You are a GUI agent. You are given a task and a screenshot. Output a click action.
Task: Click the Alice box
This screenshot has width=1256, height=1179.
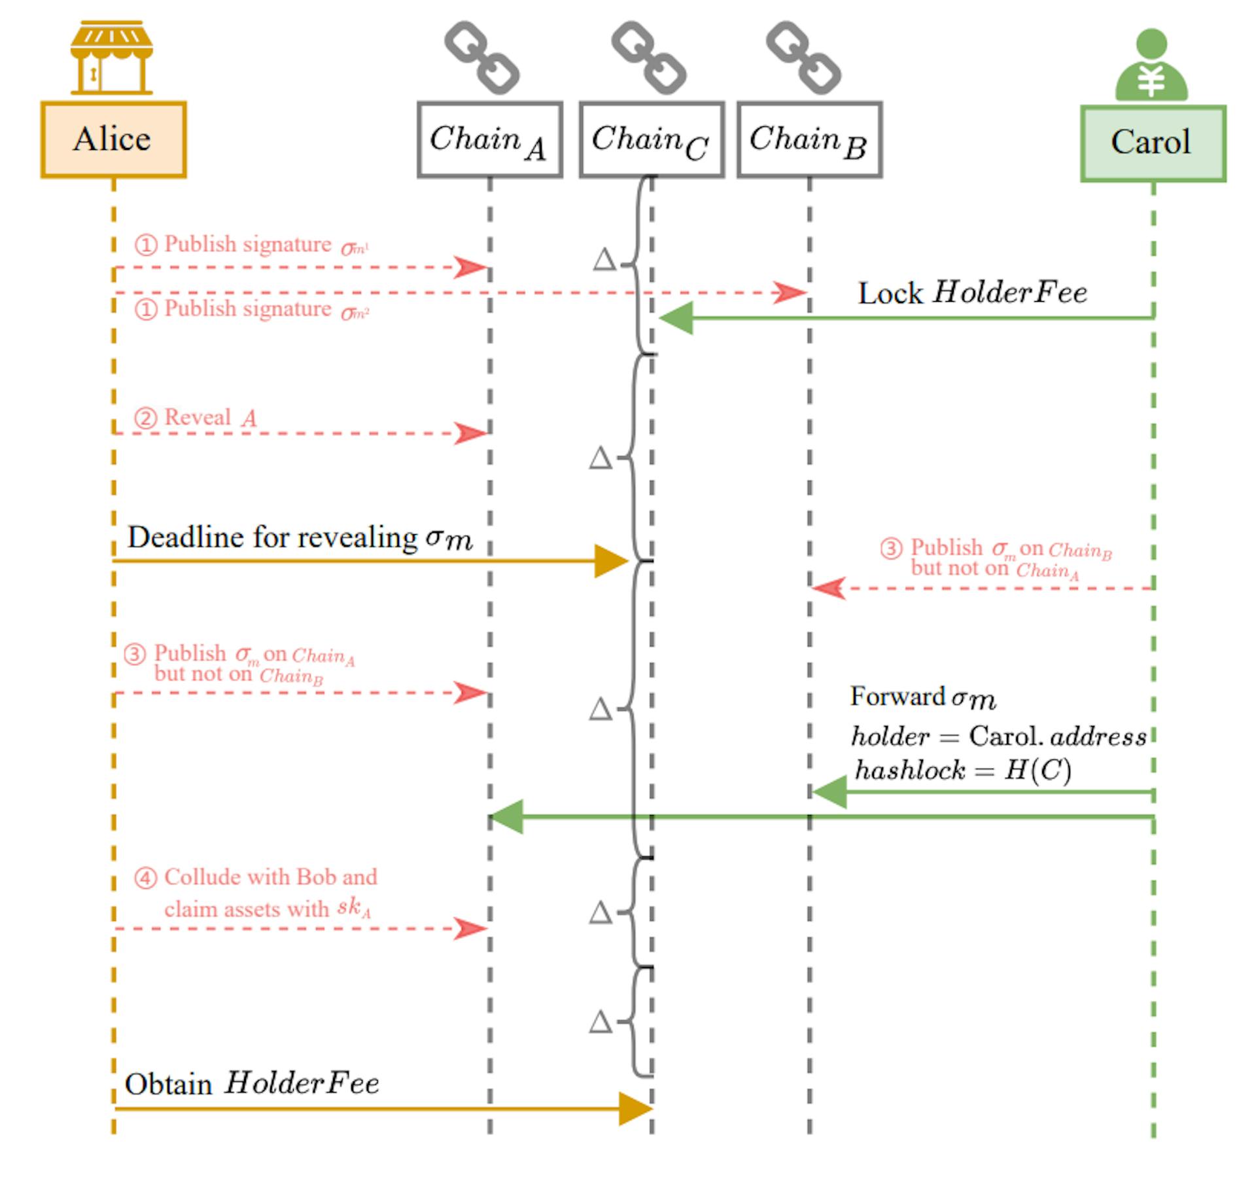coord(113,139)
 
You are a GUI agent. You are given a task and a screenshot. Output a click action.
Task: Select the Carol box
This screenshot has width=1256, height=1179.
coord(1153,143)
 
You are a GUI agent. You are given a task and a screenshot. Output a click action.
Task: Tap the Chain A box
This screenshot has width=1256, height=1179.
coord(489,139)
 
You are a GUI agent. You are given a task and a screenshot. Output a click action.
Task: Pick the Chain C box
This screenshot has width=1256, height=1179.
coord(652,139)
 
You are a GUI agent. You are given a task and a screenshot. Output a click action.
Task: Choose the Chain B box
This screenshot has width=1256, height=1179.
coord(809,139)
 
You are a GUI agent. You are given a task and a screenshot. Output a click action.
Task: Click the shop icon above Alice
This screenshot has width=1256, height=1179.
coord(112,58)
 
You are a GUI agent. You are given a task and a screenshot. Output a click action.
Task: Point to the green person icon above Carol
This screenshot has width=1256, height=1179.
coord(1151,65)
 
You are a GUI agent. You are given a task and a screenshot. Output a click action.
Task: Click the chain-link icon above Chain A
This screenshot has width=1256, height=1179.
coord(482,58)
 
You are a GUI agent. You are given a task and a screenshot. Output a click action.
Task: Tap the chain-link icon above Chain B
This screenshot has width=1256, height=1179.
coord(803,58)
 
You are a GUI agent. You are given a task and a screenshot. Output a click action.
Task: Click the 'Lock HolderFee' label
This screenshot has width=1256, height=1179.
coord(972,293)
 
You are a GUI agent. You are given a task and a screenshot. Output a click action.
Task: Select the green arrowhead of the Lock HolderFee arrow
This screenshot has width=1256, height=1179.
coord(676,318)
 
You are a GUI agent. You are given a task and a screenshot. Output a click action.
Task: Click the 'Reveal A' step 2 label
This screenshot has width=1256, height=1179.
coord(209,418)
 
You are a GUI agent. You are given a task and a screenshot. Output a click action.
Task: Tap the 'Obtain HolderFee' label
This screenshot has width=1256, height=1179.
coord(252,1083)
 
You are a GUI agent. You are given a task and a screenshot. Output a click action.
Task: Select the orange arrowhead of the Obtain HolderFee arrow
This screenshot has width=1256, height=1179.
coord(635,1108)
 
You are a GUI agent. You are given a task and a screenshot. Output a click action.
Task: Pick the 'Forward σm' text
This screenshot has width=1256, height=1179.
coord(923,697)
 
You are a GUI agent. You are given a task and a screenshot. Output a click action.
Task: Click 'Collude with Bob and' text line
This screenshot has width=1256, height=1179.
coord(270,877)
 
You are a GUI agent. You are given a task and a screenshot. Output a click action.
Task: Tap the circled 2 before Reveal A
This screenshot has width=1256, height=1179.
coord(145,418)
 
